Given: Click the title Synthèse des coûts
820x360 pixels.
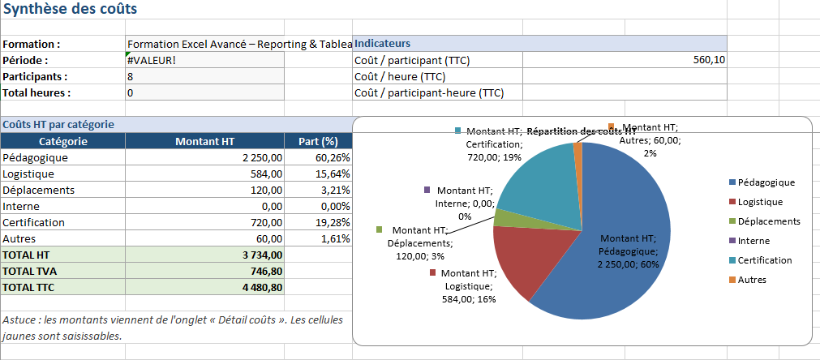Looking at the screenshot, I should pyautogui.click(x=71, y=10).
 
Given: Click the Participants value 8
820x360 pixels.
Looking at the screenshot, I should pyautogui.click(x=131, y=76).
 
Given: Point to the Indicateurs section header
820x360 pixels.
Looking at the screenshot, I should pyautogui.click(x=382, y=43).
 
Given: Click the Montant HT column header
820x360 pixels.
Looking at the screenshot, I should pyautogui.click(x=204, y=141).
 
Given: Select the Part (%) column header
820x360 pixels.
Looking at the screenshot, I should pyautogui.click(x=318, y=141).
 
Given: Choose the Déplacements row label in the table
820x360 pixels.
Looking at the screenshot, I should pyautogui.click(x=39, y=190).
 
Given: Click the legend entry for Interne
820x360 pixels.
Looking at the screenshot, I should pyautogui.click(x=753, y=241).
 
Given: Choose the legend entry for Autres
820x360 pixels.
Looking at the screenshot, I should pyautogui.click(x=751, y=280).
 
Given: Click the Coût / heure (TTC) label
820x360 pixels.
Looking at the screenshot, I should pyautogui.click(x=412, y=76).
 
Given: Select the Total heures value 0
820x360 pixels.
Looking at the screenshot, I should pyautogui.click(x=131, y=92).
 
